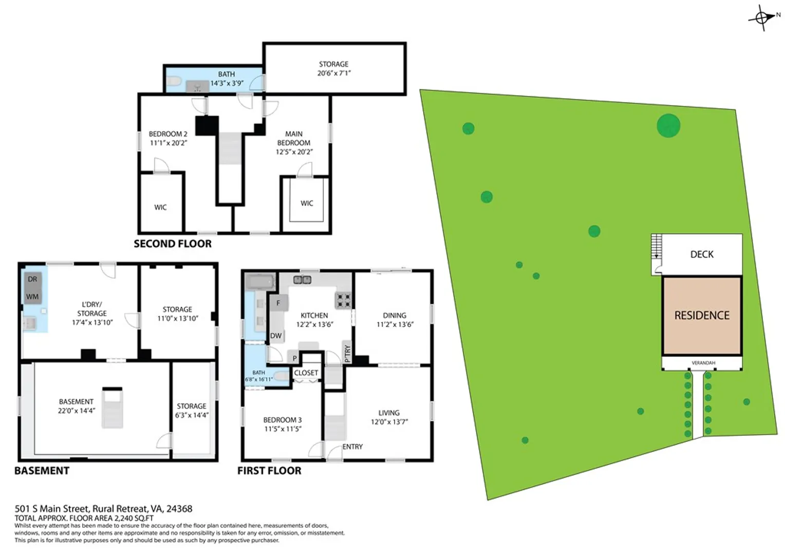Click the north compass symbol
coord(762,17)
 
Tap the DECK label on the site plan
coord(702,254)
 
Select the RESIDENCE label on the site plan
coord(702,316)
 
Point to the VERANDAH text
coord(703,363)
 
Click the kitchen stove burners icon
coord(344,301)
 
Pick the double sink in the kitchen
coord(303,280)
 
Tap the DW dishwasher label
coord(276,336)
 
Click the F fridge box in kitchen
coord(278,303)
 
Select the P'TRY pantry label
coord(347,354)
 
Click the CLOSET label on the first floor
coord(306,373)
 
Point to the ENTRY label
coord(352,447)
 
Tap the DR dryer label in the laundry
coord(32,279)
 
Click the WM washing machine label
coord(32,297)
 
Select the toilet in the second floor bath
coord(174,82)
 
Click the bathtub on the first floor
coord(259,283)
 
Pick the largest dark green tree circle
coord(668,125)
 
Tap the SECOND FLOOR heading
coord(173,244)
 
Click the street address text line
coord(103,508)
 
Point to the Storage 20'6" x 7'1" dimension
coord(333,73)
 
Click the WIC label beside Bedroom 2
coord(160,207)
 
